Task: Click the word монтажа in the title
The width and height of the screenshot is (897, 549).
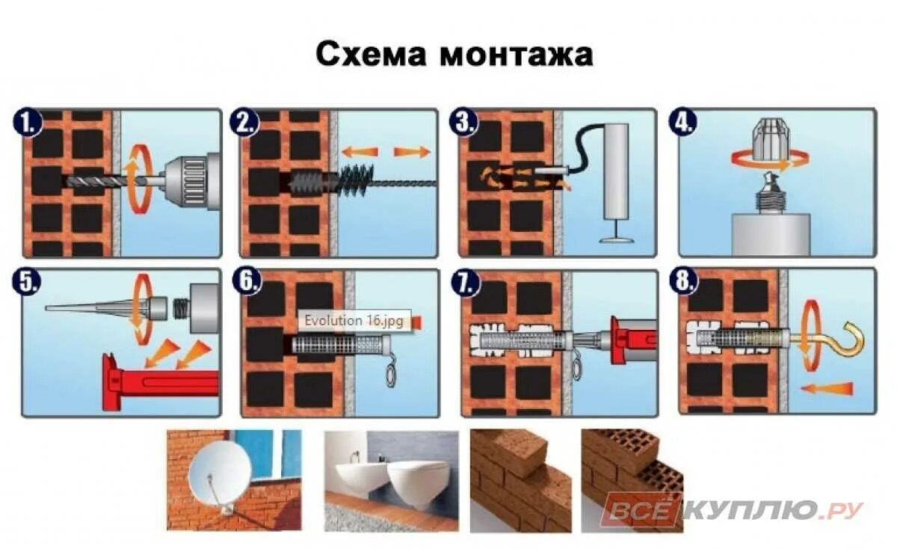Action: pyautogui.click(x=516, y=55)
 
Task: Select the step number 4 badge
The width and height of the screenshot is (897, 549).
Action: pyautogui.click(x=684, y=123)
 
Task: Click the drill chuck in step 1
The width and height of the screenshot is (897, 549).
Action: pyautogui.click(x=191, y=182)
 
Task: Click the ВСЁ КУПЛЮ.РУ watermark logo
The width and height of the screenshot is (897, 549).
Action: pyautogui.click(x=733, y=511)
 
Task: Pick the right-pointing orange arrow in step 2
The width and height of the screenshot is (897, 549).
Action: pyautogui.click(x=412, y=152)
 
